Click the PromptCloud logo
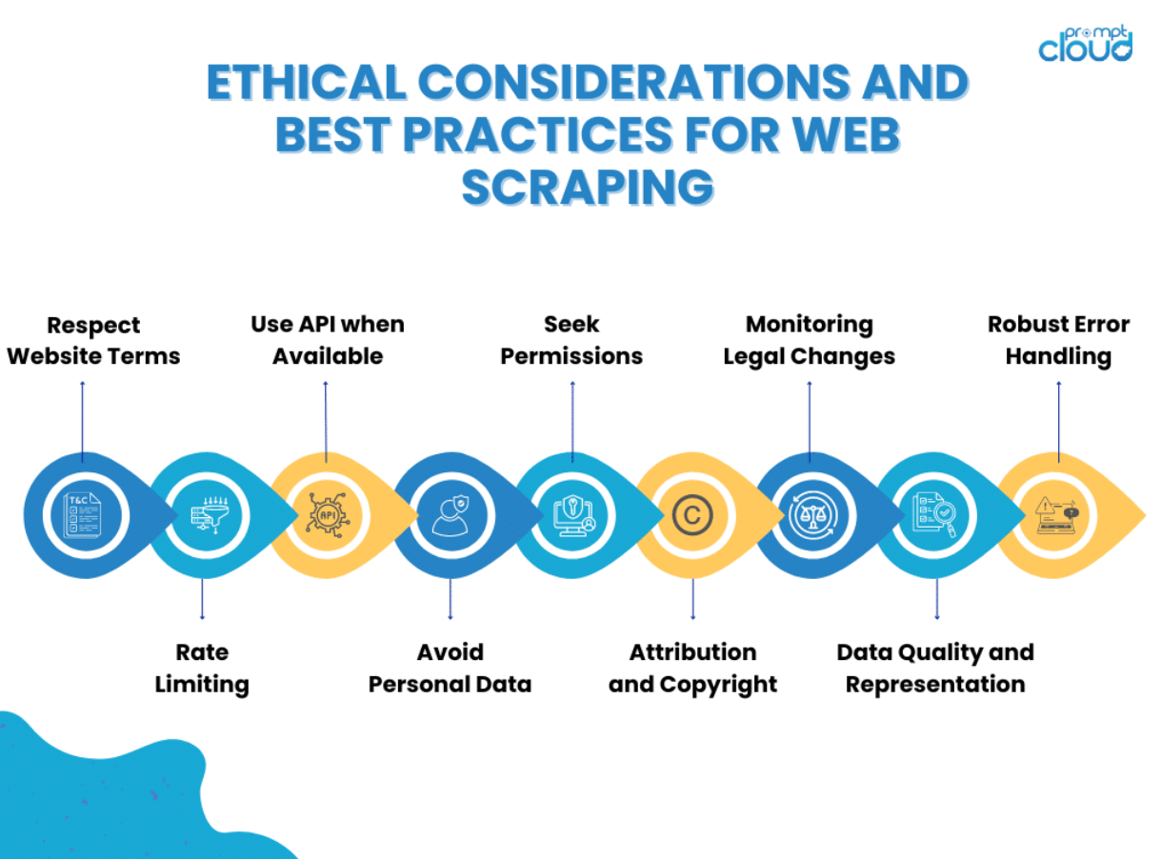coord(1085,44)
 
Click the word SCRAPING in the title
coord(588,187)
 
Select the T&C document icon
coord(82,515)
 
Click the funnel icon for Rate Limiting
coord(210,514)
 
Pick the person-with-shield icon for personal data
coord(450,515)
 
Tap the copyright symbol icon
coord(692,515)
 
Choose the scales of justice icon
coord(813,515)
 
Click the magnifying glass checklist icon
coord(933,515)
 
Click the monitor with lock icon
coord(573,515)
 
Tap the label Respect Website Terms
coord(93,341)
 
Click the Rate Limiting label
coord(202,669)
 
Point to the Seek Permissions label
coord(571,340)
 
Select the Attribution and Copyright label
coord(692,669)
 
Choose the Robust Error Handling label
coord(1058,340)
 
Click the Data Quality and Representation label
coord(935,669)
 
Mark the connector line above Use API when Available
coord(326,422)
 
